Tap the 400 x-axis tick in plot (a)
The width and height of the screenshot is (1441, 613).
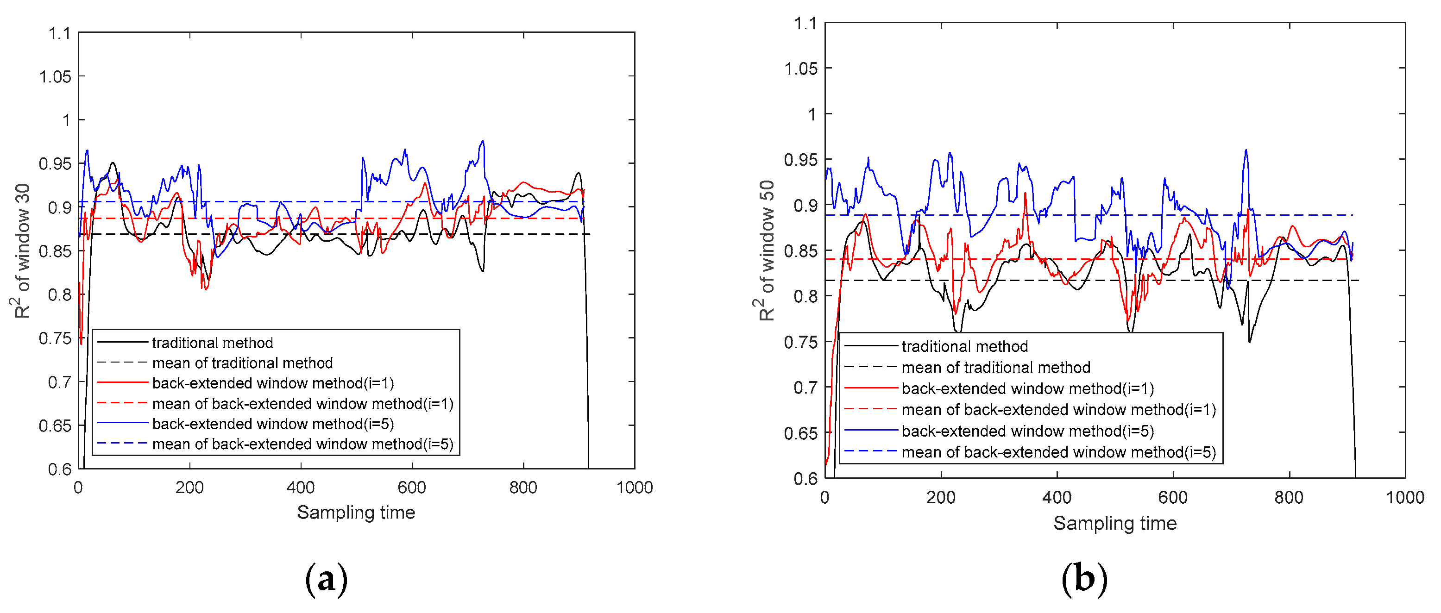[x=301, y=488]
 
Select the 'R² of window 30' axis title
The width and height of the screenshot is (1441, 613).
[x=22, y=250]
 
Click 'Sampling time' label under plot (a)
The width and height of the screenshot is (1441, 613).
[x=356, y=513]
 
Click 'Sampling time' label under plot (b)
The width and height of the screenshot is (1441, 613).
[x=1114, y=523]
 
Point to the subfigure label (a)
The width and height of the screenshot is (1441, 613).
[x=327, y=579]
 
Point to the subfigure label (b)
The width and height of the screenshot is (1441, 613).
[x=1084, y=579]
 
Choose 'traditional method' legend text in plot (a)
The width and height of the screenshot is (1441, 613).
[x=212, y=343]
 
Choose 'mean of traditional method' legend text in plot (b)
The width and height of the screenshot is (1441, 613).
[x=996, y=368]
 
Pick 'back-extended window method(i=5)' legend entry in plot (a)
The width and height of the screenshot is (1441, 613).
[x=273, y=424]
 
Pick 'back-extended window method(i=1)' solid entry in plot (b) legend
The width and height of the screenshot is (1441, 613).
[x=1028, y=389]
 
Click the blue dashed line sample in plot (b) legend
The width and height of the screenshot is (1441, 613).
[x=870, y=452]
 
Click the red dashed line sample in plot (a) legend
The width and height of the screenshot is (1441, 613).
[x=122, y=403]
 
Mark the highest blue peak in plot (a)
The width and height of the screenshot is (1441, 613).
[x=482, y=142]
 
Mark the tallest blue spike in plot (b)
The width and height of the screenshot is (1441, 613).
[x=1246, y=150]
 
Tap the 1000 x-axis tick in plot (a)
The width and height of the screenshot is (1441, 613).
[x=635, y=488]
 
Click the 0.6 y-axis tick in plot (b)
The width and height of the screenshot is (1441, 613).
[x=805, y=478]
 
